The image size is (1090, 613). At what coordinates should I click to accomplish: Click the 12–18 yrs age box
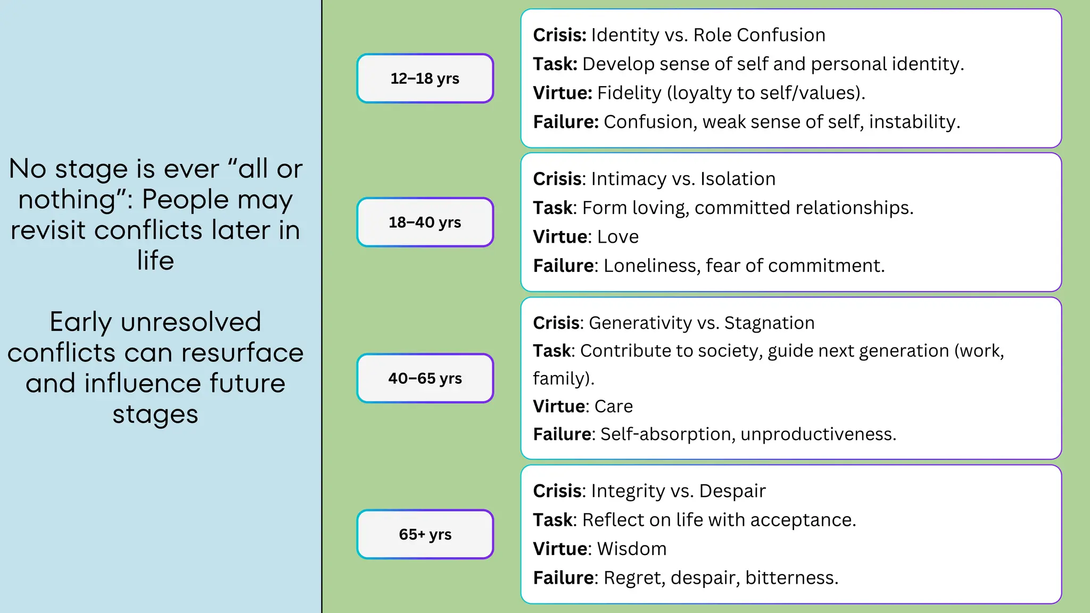pyautogui.click(x=425, y=78)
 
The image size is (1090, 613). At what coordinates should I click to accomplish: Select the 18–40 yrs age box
pyautogui.click(x=425, y=222)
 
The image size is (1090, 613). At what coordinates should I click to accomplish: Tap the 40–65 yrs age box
pyautogui.click(x=425, y=378)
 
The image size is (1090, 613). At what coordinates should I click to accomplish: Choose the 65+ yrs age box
pyautogui.click(x=425, y=534)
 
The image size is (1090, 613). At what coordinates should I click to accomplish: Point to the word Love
pyautogui.click(x=618, y=237)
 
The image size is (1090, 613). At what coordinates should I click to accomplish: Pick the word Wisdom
pyautogui.click(x=632, y=549)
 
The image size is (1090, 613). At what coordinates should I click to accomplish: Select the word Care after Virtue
pyautogui.click(x=614, y=407)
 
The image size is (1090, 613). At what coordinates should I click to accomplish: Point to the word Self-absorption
pyautogui.click(x=667, y=434)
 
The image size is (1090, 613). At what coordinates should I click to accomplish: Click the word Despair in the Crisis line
pyautogui.click(x=732, y=491)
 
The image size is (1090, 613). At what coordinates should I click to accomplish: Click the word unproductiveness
pyautogui.click(x=817, y=434)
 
